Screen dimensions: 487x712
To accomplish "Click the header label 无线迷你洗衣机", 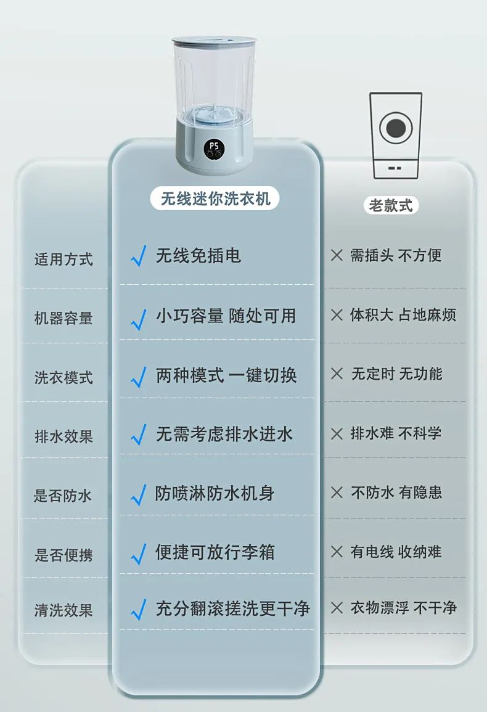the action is [x=215, y=198].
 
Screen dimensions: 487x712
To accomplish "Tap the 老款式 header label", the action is [x=391, y=205].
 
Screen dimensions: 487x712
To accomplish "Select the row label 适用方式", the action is [x=63, y=259].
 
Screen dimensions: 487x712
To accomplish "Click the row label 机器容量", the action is [x=63, y=318].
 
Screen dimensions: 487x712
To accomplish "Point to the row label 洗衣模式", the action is [x=63, y=377].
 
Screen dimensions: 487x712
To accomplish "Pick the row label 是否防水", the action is [x=63, y=496].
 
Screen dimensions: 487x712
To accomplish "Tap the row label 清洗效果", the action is [x=63, y=610].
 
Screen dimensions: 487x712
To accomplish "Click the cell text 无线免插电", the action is [x=198, y=256].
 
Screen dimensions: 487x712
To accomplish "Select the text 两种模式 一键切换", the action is [x=226, y=375].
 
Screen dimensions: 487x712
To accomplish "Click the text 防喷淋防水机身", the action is [x=215, y=493].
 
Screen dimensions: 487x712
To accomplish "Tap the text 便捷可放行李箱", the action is [x=215, y=552].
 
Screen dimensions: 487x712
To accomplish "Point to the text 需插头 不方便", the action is [x=396, y=255].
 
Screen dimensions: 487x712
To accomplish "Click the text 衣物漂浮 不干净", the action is [x=403, y=608].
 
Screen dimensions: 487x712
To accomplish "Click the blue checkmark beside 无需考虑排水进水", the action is [x=139, y=435].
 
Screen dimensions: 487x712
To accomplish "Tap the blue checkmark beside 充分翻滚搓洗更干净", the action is [x=139, y=610].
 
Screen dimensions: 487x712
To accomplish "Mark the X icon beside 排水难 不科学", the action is [x=337, y=433].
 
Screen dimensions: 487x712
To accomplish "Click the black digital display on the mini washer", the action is [x=214, y=149].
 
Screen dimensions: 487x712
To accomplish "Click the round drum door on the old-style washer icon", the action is [x=395, y=128].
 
